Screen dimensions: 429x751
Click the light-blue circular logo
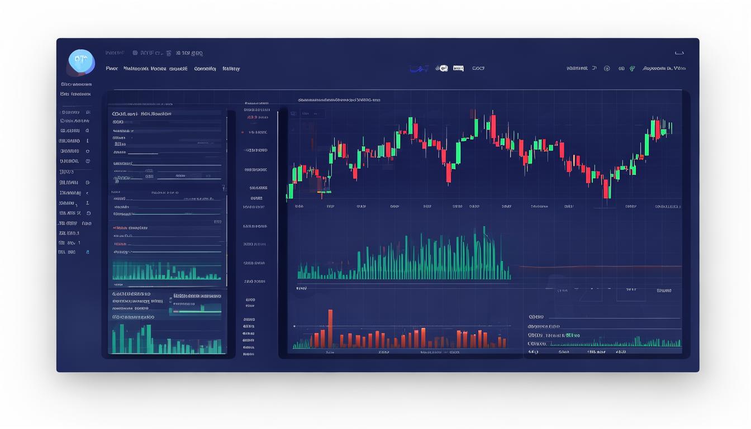[81, 62]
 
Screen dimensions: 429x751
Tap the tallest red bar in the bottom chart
[330, 328]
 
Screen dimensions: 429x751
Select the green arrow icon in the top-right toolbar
[632, 69]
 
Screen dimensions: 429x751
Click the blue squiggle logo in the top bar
[419, 69]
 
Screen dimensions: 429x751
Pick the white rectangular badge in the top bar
[458, 68]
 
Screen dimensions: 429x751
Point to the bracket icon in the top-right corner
[679, 53]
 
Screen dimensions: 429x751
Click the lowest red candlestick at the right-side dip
[606, 189]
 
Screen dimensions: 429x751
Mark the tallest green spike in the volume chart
[484, 251]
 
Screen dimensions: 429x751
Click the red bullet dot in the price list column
[242, 132]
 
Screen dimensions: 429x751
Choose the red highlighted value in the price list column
[252, 118]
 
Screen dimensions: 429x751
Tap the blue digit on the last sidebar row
[87, 252]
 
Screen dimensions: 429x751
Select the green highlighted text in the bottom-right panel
[572, 335]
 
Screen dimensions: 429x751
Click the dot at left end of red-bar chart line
[294, 326]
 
